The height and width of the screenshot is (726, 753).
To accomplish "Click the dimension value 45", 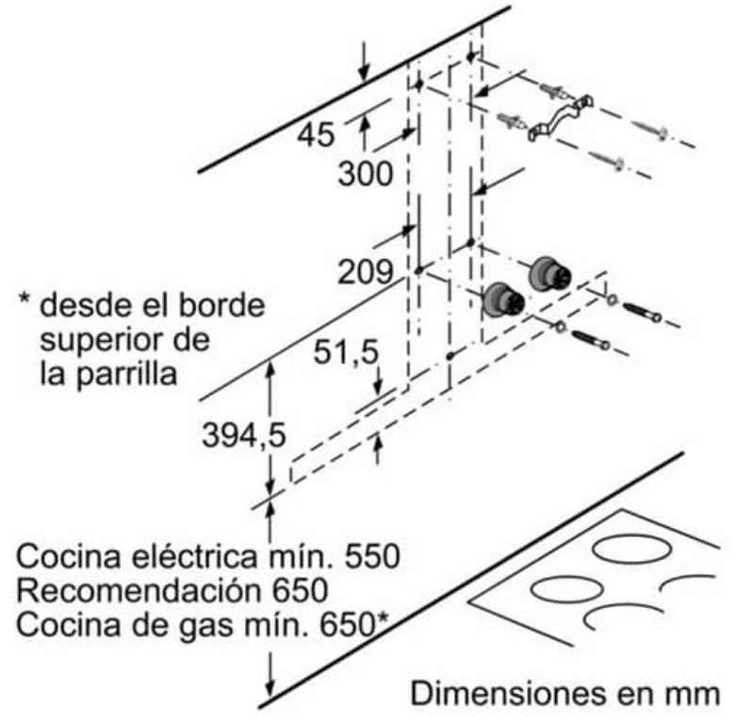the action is coord(316,135).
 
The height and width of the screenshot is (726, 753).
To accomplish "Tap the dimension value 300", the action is coord(365,173).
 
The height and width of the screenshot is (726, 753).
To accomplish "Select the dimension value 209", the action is coord(365,272).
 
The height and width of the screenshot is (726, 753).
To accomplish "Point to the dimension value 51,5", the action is coord(345,353).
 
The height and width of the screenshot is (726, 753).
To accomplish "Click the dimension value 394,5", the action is coord(243,436).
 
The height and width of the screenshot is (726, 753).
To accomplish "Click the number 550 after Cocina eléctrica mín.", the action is coord(372,556).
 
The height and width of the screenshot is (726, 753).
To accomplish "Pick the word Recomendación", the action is coord(141,590).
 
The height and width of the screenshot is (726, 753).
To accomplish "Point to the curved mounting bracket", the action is coord(561,118).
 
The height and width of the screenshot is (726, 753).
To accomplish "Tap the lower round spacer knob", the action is coord(503,299).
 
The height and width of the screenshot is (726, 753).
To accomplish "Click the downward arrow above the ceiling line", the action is coord(364,61).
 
